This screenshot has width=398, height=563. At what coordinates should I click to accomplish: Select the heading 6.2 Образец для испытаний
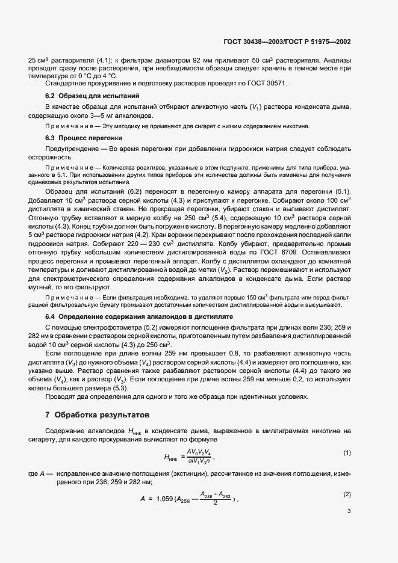(93, 96)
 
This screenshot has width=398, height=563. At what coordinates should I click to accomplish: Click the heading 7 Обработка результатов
(100, 416)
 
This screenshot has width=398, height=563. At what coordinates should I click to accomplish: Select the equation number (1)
(347, 452)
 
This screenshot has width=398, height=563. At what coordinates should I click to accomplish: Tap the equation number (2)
(347, 494)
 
